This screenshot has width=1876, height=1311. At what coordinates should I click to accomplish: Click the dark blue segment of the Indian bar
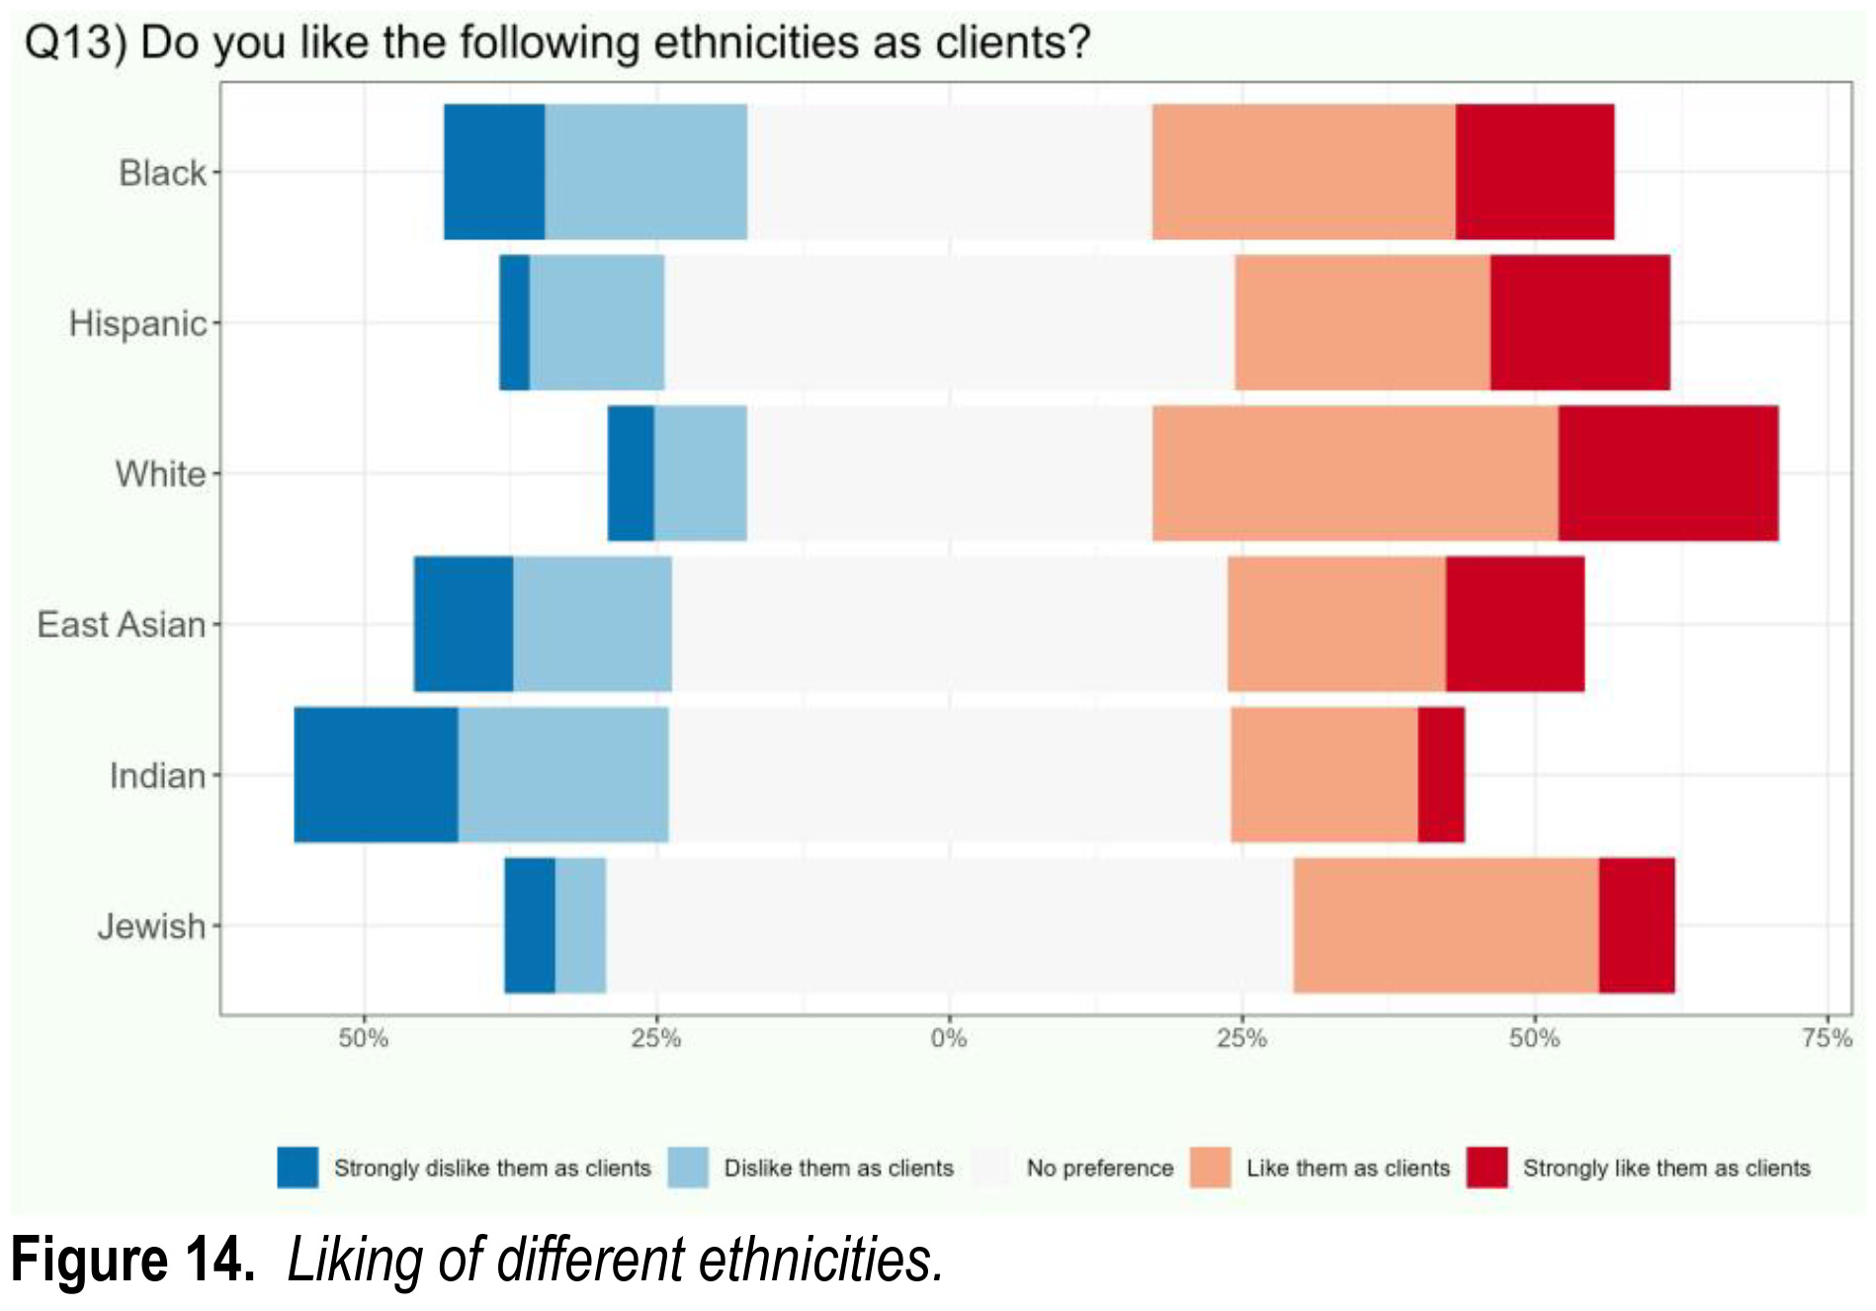[x=376, y=774]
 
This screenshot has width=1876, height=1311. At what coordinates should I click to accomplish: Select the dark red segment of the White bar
[x=1667, y=473]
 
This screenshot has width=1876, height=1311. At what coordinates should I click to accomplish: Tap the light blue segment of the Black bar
[x=645, y=171]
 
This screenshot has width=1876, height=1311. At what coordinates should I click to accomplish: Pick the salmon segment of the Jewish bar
[x=1445, y=924]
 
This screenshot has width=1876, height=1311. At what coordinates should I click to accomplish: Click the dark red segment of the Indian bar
[x=1440, y=774]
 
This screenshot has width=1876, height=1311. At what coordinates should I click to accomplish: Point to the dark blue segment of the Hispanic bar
[x=514, y=322]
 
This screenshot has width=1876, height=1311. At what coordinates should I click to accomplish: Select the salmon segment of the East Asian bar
[x=1335, y=624]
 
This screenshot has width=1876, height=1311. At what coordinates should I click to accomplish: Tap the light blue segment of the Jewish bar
[x=580, y=924]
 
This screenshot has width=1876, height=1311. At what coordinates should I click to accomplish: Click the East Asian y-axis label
[x=121, y=624]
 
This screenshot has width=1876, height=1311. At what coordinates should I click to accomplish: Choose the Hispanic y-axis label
[x=137, y=323]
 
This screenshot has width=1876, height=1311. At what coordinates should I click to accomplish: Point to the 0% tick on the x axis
[x=949, y=1038]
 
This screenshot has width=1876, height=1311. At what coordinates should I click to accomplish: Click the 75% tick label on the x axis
[x=1826, y=1038]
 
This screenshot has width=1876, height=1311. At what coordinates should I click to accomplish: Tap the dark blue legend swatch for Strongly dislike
[x=298, y=1168]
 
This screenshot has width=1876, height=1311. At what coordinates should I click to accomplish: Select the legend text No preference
[x=1099, y=1168]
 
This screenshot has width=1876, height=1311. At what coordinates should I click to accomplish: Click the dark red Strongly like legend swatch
[x=1487, y=1168]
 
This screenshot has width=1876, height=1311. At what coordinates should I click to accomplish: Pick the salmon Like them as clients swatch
[x=1211, y=1168]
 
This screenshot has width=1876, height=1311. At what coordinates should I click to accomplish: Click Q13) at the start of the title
[x=75, y=43]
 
